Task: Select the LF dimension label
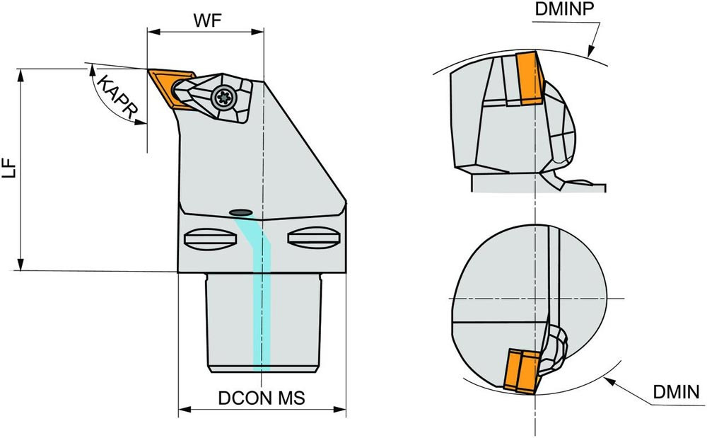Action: (10, 170)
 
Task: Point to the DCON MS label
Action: (261, 398)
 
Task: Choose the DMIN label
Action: (676, 392)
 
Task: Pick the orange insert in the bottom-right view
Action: (520, 371)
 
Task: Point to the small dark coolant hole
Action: (240, 212)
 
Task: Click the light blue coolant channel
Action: (261, 297)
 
